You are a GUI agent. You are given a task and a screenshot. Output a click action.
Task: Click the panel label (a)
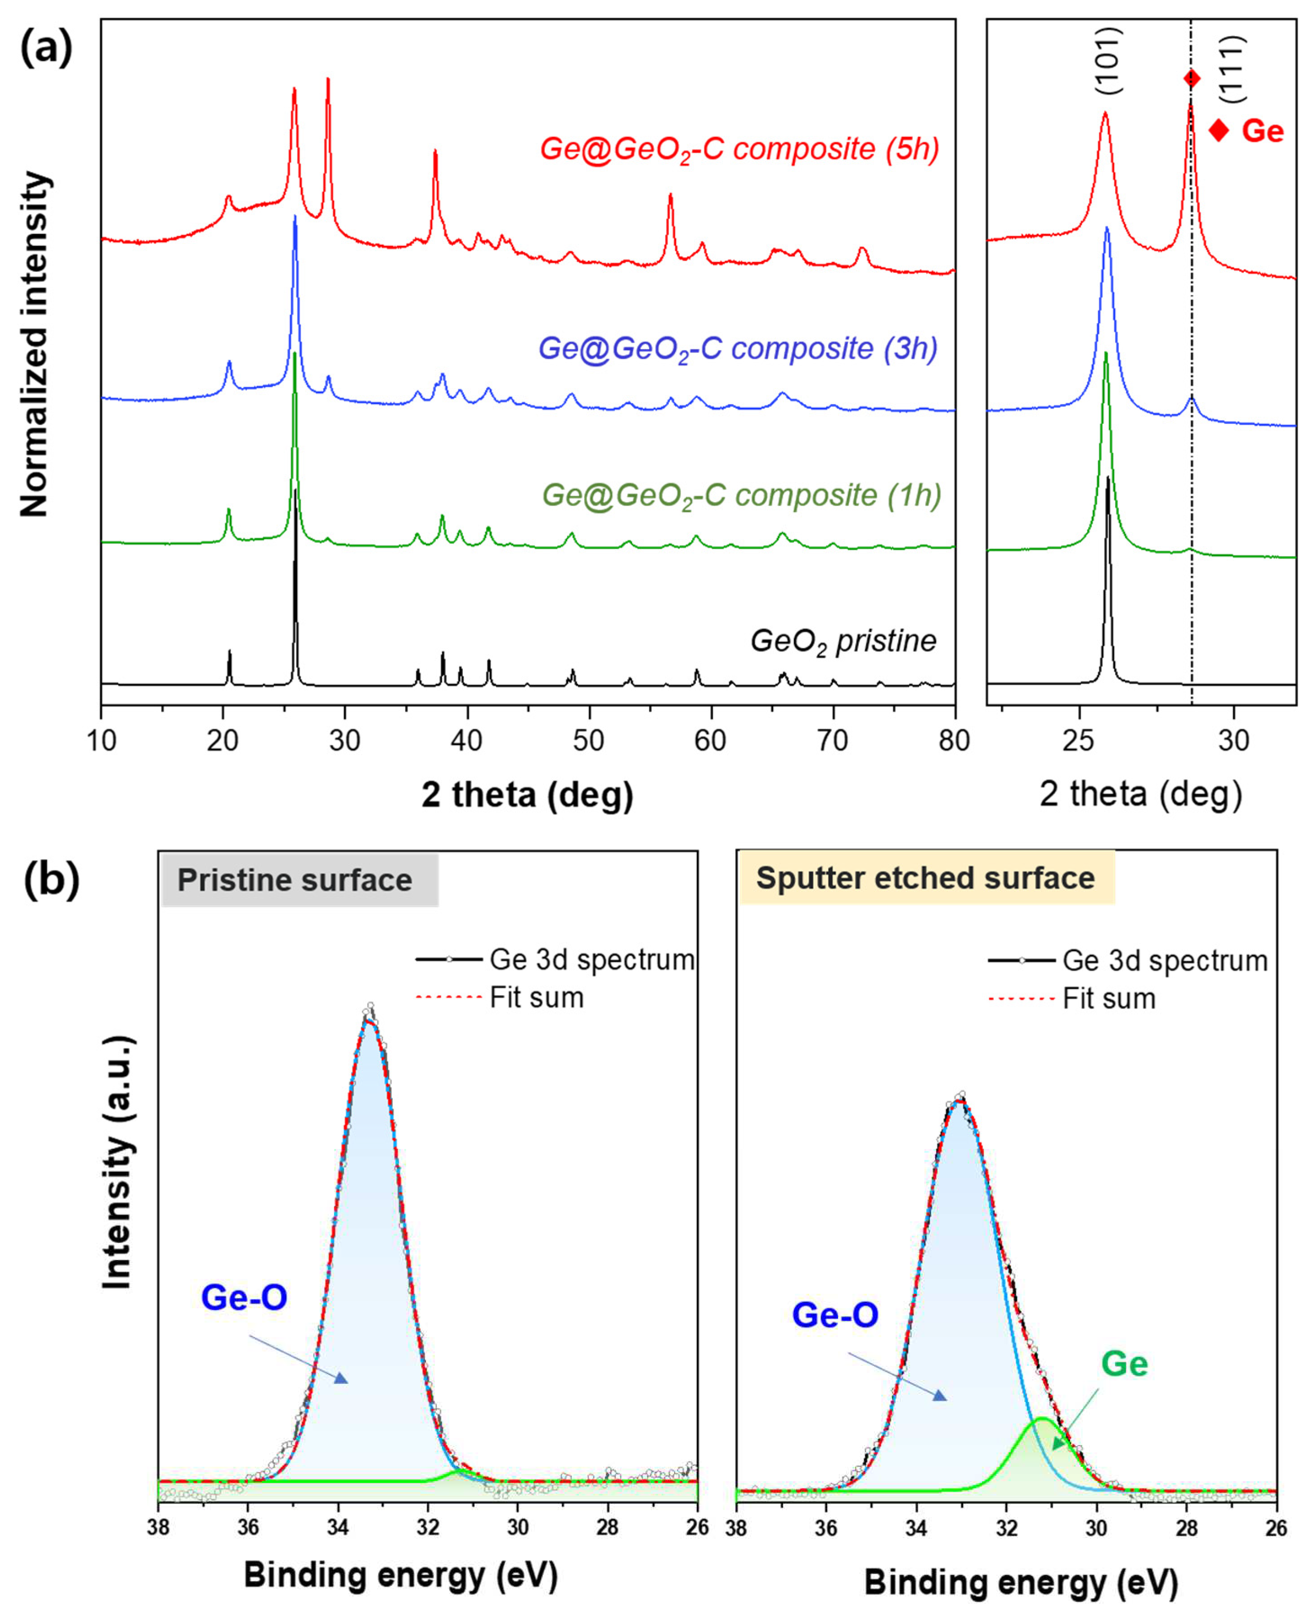46,50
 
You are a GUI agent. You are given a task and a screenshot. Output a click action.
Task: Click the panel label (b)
51,881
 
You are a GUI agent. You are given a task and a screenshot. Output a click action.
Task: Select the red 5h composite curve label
739,149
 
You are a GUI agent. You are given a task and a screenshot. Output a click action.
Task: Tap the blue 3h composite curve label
737,350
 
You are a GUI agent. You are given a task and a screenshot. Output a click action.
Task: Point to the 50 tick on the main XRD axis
588,740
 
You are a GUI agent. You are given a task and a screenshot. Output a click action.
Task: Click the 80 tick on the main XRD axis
954,740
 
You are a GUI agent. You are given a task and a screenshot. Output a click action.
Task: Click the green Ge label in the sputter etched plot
1124,1364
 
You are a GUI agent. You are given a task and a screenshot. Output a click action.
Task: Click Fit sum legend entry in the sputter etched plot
1109,1000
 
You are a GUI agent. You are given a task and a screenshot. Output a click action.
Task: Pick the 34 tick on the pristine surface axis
338,1527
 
